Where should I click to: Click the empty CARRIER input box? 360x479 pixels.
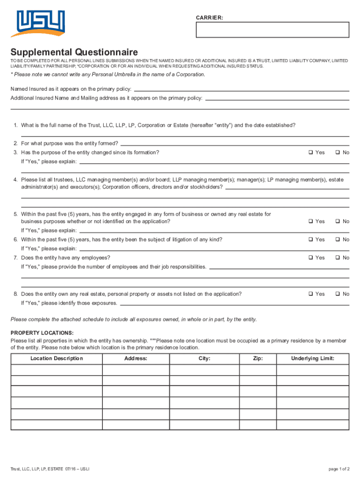coord(273,29)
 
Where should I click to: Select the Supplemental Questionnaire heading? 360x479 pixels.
coord(74,52)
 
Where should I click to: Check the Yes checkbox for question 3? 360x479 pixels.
coord(310,153)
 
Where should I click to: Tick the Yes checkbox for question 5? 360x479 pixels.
coord(310,221)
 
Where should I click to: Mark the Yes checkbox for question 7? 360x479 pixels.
coord(310,258)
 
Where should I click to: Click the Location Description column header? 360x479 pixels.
coord(57,358)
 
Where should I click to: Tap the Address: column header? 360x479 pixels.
coord(136,358)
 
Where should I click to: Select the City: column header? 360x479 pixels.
coord(204,358)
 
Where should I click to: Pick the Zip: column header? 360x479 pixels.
coord(258,358)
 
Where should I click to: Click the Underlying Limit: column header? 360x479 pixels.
coord(313,358)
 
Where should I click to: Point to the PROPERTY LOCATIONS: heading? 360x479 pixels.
coord(42,333)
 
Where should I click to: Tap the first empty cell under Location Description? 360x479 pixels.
coord(57,370)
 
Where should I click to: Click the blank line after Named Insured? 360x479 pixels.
coord(241,90)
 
